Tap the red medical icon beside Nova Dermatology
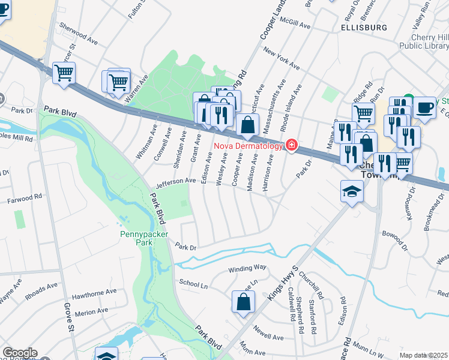pos(292,145)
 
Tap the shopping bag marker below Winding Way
pos(244,302)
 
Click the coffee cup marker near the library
pos(424,107)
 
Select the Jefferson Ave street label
pos(176,181)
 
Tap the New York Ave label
pos(280,56)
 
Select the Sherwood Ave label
pos(79,34)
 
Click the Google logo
pos(19,353)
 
